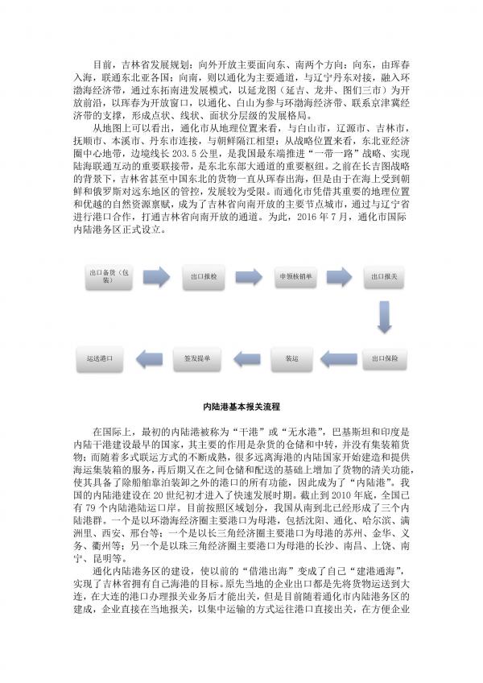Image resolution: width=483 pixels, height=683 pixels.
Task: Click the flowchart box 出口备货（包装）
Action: (x=107, y=276)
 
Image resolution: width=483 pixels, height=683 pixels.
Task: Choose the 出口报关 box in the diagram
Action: (x=383, y=276)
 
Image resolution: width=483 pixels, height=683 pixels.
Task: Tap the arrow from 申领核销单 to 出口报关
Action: (x=339, y=276)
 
